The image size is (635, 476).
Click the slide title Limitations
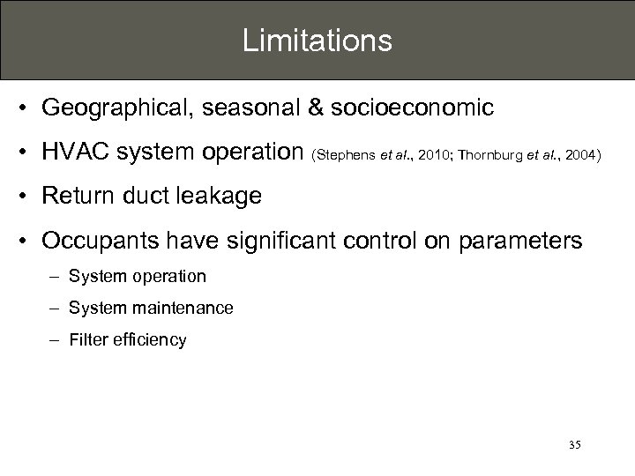coord(317,41)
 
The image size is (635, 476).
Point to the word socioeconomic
coord(412,108)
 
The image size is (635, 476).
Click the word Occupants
coord(99,241)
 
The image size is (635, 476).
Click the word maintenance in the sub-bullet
coord(179,308)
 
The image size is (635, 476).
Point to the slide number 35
coord(574,445)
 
